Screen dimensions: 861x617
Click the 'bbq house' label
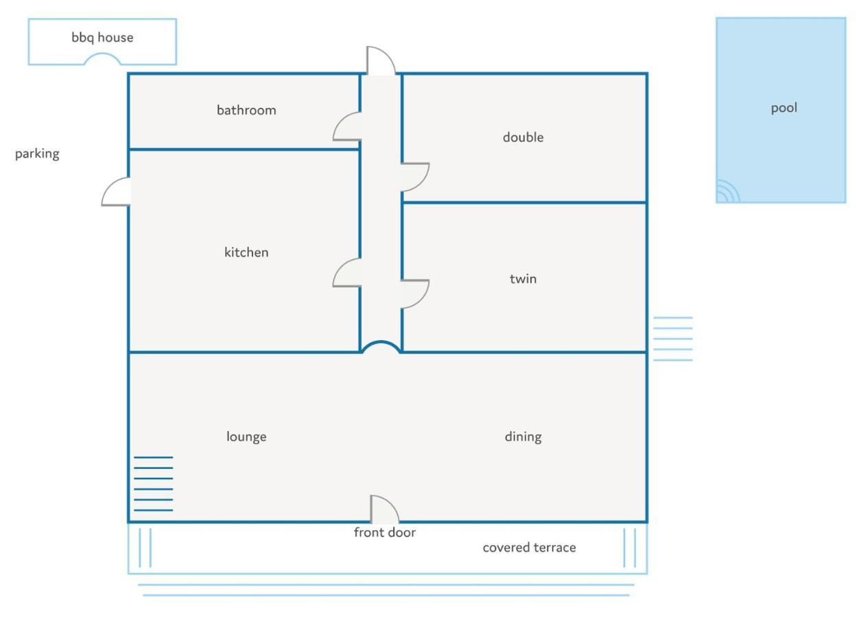click(x=102, y=38)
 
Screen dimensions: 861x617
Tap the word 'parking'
click(x=37, y=154)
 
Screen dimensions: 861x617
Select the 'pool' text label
click(x=783, y=108)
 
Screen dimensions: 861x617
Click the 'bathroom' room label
click(x=246, y=110)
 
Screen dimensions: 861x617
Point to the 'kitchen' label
click(x=246, y=252)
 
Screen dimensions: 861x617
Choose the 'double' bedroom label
click(x=523, y=137)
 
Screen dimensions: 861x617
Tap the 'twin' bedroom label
click(x=523, y=278)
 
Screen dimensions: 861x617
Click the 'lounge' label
click(x=246, y=437)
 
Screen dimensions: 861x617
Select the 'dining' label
click(x=523, y=437)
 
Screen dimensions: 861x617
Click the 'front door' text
click(x=385, y=533)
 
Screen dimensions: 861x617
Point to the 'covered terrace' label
click(x=529, y=548)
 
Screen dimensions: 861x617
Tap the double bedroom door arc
click(x=423, y=183)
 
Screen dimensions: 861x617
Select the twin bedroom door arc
click(x=423, y=300)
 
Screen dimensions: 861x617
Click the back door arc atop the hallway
click(x=388, y=54)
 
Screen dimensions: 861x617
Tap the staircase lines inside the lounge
click(x=154, y=484)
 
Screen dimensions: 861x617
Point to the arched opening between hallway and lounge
click(x=381, y=341)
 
